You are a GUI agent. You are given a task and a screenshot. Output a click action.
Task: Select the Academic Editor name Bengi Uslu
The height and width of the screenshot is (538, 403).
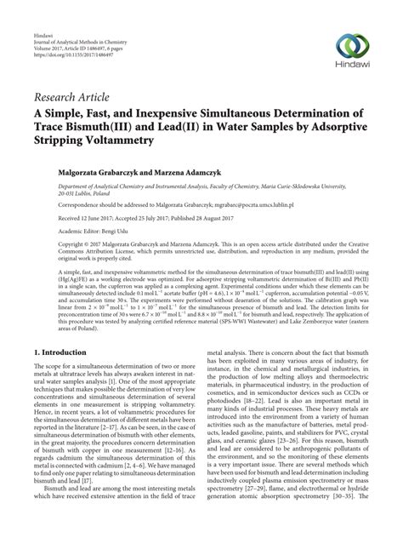[x=115, y=230]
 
